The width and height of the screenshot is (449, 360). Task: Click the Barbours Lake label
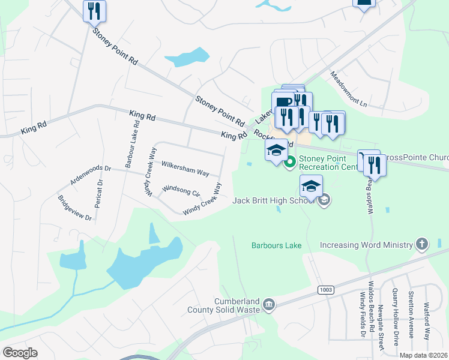coord(276,245)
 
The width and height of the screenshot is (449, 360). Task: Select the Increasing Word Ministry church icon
coord(422,244)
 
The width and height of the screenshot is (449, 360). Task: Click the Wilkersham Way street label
coord(185,168)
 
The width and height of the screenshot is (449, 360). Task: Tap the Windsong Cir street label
coord(181,191)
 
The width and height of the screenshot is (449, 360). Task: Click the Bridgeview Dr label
coord(74,208)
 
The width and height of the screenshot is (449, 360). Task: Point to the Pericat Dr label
coord(97,194)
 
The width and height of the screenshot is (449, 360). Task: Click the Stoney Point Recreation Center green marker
coord(291,161)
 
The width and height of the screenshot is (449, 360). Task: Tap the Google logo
coord(20,352)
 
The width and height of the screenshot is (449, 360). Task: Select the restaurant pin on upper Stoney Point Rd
coord(94,10)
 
